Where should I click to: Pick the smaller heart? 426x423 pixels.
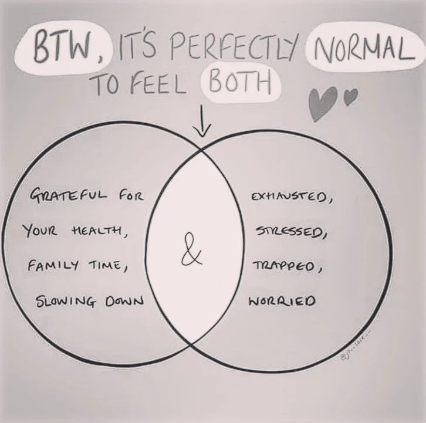click(x=349, y=96)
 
